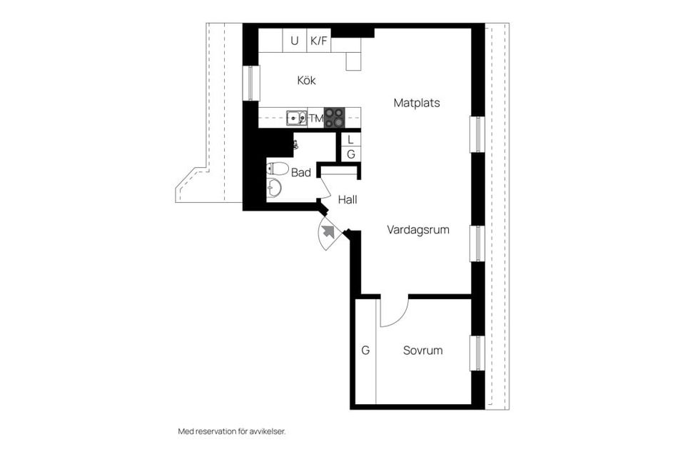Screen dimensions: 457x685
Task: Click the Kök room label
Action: click(306, 81)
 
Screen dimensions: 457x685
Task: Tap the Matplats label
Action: click(417, 103)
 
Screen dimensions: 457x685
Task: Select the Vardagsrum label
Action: click(417, 230)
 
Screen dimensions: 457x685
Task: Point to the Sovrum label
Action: click(422, 351)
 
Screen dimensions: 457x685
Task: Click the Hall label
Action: click(347, 200)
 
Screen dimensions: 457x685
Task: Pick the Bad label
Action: click(301, 172)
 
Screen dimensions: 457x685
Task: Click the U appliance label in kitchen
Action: click(294, 41)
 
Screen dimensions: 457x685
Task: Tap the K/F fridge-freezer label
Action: click(318, 41)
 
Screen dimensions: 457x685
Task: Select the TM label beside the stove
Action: click(315, 119)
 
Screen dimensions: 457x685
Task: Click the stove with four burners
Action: click(334, 118)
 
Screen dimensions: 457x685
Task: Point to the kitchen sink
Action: click(296, 118)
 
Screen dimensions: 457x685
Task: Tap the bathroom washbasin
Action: click(275, 188)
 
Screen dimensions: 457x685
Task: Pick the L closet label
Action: click(350, 140)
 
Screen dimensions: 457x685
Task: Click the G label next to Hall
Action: click(350, 154)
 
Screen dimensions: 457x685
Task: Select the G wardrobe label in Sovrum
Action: click(365, 351)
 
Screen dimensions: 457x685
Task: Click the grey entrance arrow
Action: click(328, 231)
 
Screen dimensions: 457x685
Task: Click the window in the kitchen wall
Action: click(250, 83)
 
